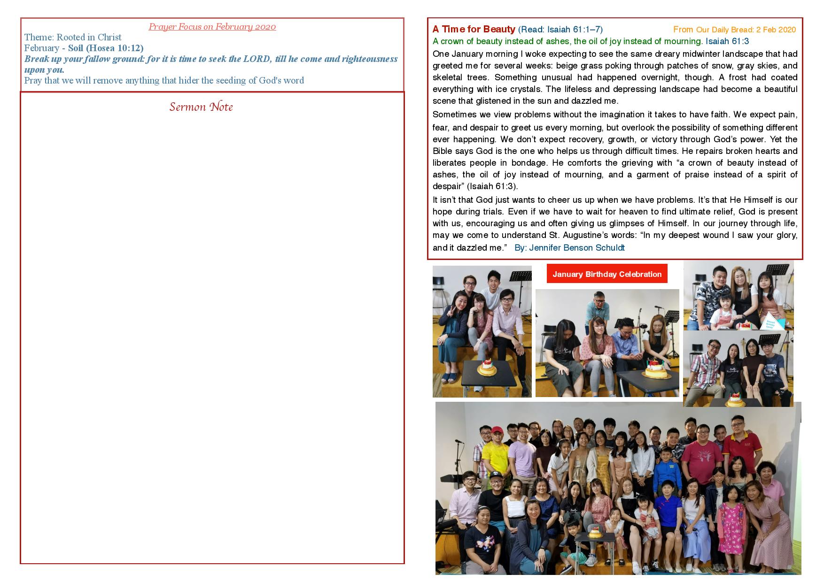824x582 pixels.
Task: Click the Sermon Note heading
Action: [x=201, y=107]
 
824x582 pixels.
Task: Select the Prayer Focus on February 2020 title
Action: [x=212, y=27]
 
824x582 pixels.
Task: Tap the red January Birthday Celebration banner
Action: [x=607, y=274]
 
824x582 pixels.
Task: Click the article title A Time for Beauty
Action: [x=474, y=30]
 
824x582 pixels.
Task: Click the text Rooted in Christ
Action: [x=89, y=38]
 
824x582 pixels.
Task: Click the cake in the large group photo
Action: [x=595, y=532]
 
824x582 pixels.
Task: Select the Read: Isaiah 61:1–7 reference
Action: [x=560, y=30]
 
